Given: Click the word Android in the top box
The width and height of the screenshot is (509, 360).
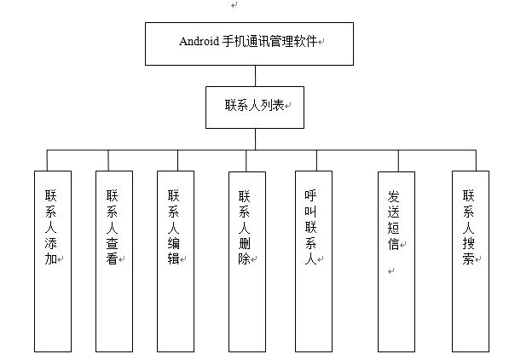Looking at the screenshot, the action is point(199,41).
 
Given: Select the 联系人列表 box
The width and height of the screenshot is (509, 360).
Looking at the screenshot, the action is point(255,107).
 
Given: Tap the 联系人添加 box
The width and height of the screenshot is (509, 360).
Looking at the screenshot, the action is point(53,261).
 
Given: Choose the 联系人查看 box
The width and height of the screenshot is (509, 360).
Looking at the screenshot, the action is point(114,261).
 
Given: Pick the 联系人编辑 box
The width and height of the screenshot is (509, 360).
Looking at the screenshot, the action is point(176,261).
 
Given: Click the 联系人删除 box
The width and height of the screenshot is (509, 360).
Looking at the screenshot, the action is point(247,262).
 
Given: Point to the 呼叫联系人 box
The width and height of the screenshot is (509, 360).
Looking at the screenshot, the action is point(314,261).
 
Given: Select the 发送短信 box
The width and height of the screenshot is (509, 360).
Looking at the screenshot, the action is point(396,262).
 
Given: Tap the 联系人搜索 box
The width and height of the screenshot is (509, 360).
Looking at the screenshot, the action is point(471,261).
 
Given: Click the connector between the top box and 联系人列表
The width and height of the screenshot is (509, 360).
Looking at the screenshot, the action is point(255,76).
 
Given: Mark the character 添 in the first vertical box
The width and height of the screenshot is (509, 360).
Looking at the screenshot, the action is point(50,243).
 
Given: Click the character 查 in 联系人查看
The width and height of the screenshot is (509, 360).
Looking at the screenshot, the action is point(112,243).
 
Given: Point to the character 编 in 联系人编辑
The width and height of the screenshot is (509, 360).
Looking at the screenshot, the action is point(174,243).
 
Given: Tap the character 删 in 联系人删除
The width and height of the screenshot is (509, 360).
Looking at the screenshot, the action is point(244,243).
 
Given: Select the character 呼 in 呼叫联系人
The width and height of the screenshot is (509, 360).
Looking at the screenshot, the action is point(310,195).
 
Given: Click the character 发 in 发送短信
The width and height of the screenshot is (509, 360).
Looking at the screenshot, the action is point(393,196).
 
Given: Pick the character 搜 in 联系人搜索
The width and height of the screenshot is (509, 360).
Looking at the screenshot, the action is point(468,243).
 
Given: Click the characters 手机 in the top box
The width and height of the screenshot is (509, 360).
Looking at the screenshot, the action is point(234,41).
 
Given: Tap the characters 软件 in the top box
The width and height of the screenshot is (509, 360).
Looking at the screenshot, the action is point(305,41).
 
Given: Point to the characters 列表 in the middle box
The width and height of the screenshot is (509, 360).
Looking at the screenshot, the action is point(272,105).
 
